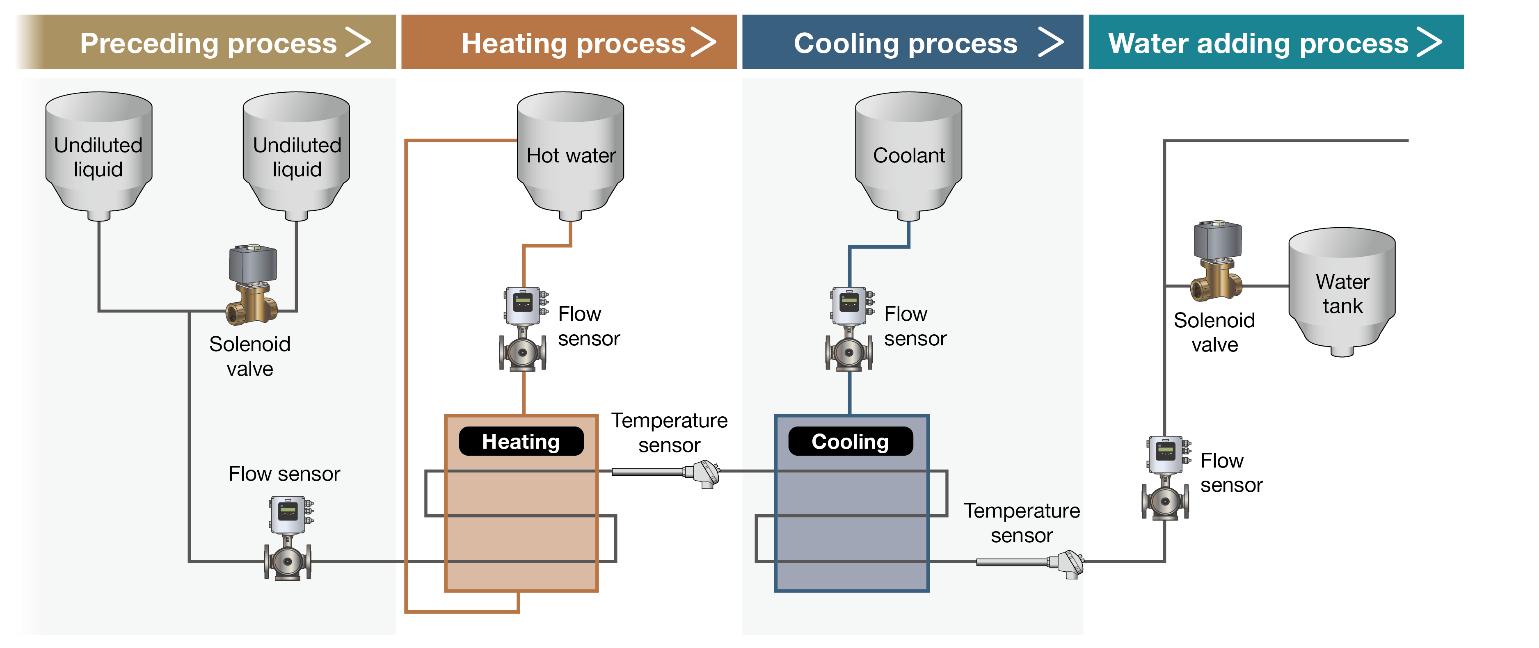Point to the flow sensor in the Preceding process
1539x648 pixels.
pyautogui.click(x=288, y=538)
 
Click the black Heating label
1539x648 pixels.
pyautogui.click(x=521, y=441)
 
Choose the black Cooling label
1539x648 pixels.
pyautogui.click(x=850, y=441)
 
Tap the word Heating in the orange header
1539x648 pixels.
pyautogui.click(x=514, y=43)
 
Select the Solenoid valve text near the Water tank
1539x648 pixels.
pyautogui.click(x=1214, y=332)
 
